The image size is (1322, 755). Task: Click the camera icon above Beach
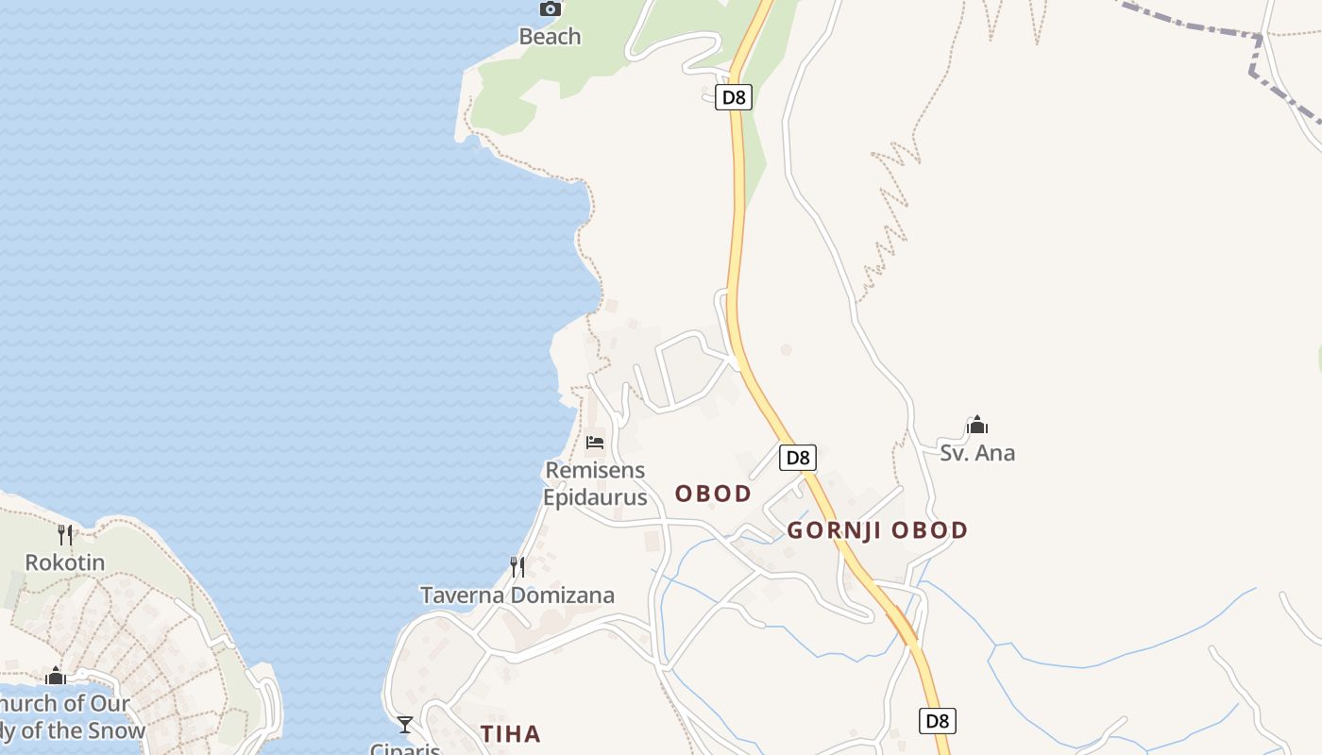(550, 9)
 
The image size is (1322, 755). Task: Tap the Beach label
(550, 37)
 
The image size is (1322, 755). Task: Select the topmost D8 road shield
(733, 96)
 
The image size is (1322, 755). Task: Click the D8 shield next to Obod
(798, 458)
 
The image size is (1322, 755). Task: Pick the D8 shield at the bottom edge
(937, 721)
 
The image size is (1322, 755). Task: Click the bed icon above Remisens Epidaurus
(595, 442)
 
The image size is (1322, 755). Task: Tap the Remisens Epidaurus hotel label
(595, 483)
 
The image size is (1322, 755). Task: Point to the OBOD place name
(713, 494)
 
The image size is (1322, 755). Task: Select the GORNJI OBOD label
(877, 530)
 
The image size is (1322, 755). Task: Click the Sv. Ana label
(977, 453)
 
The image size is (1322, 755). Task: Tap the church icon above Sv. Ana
(977, 426)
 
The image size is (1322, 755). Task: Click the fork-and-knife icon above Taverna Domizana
(517, 566)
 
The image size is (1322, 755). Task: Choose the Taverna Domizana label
(517, 596)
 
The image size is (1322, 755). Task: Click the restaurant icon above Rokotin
(64, 534)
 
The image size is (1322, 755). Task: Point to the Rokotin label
(64, 562)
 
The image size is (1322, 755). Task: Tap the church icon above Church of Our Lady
(56, 676)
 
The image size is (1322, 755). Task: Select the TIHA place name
(510, 733)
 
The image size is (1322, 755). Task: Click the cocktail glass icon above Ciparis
(405, 725)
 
